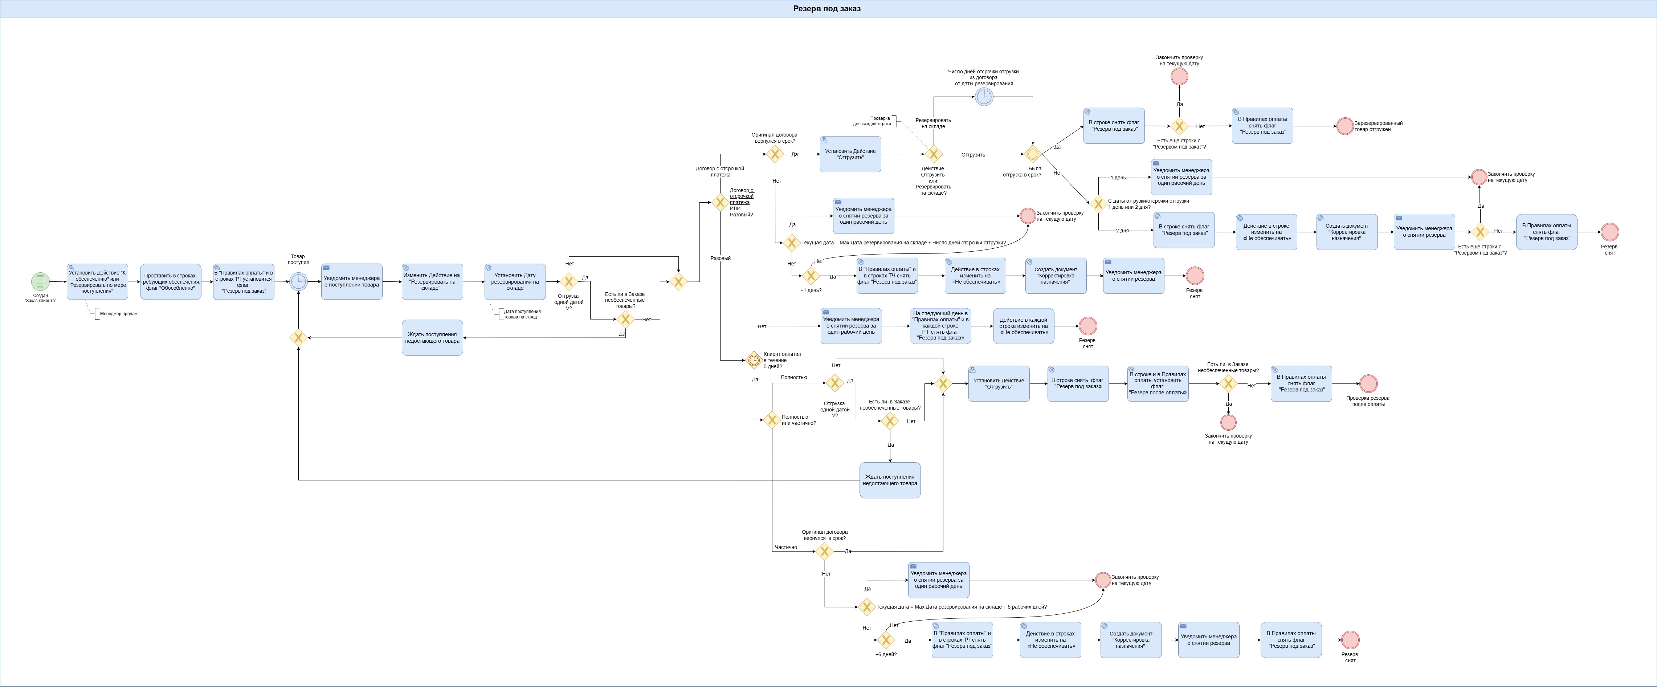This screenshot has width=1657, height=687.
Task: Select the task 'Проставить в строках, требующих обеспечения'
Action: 171,282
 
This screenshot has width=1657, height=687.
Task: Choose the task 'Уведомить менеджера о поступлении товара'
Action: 352,282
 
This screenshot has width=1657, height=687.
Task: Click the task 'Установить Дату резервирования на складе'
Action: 515,282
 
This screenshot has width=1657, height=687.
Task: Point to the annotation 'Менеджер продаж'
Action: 118,314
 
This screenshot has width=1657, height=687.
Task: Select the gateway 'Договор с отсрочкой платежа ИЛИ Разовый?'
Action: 720,203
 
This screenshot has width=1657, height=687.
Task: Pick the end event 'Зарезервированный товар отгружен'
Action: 1345,126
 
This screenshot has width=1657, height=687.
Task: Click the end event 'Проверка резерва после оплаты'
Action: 1368,383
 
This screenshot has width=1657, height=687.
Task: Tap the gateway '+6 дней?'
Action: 886,640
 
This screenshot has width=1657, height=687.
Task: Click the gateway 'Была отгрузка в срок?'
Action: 1032,154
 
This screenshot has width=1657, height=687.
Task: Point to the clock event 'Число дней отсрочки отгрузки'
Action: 984,97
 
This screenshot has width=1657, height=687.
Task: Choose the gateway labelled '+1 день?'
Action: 811,276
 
